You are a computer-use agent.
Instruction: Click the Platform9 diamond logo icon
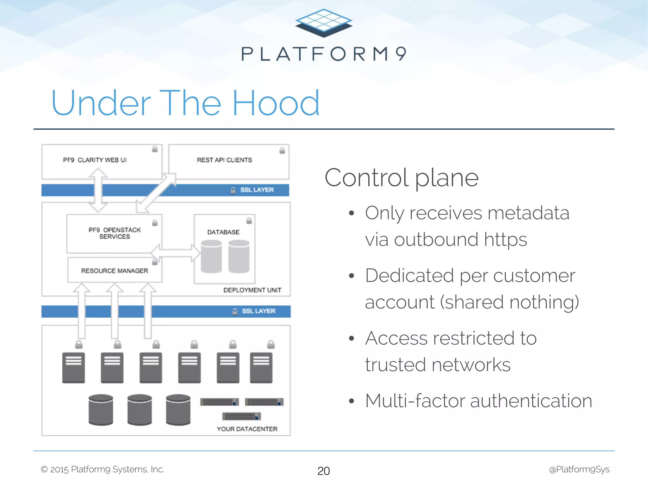(x=324, y=23)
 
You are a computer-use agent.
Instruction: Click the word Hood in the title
(x=276, y=103)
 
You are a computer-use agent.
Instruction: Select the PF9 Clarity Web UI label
(x=95, y=160)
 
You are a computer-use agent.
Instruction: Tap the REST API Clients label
(x=224, y=160)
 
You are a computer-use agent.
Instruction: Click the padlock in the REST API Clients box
(x=282, y=151)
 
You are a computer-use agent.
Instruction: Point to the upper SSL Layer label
(x=257, y=190)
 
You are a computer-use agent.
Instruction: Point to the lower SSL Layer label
(x=258, y=311)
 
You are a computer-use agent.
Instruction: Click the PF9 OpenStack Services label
(x=115, y=233)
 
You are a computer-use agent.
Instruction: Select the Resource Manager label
(x=115, y=271)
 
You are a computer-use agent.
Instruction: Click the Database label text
(x=223, y=232)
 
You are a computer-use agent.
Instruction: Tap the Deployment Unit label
(x=252, y=290)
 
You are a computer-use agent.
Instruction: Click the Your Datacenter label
(x=247, y=429)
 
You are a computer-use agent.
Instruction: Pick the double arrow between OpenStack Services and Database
(x=176, y=253)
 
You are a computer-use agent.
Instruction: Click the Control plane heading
(x=402, y=178)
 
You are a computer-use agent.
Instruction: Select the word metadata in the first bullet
(x=528, y=213)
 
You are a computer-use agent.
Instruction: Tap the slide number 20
(x=323, y=471)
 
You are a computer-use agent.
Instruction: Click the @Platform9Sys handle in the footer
(x=579, y=470)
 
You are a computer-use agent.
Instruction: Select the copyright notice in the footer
(x=103, y=470)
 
